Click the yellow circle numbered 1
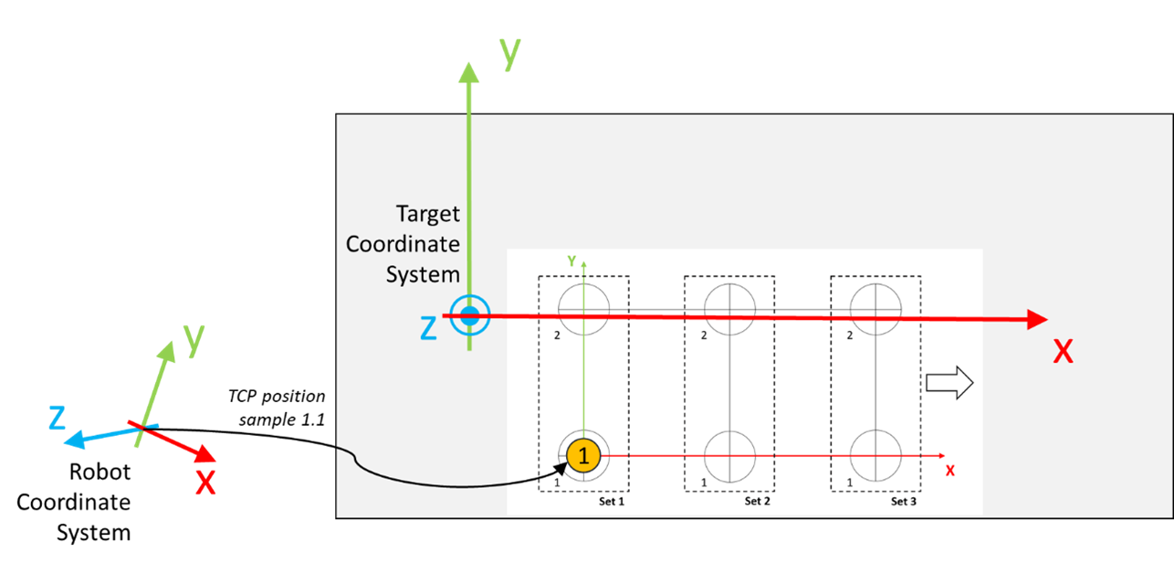coord(583,455)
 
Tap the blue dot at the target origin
coord(469,316)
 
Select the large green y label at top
coord(509,53)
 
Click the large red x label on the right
coord(1063,352)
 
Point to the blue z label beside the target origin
coord(429,328)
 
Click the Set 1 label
coord(612,501)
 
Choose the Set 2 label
coord(758,501)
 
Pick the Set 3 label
coord(904,501)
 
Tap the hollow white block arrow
coord(949,383)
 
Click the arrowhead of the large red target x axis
coord(1037,319)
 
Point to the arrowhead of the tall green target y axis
coord(468,72)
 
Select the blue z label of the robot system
coord(57,419)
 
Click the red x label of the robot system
coord(205,483)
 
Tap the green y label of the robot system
coord(194,340)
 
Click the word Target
coord(427,214)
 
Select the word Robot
coord(100,472)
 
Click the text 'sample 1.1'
coord(282,420)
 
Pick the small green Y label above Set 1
coord(571,260)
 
